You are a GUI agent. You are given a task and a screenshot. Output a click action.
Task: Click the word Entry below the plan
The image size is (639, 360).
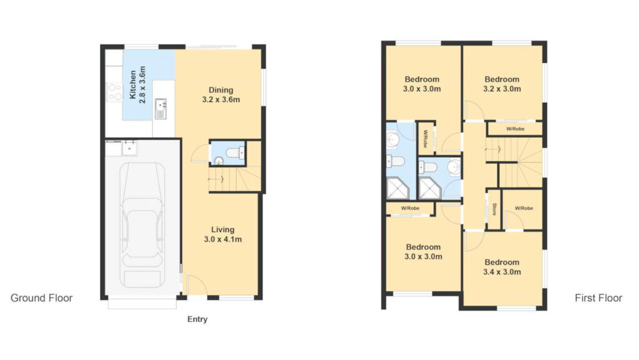[x=197, y=319]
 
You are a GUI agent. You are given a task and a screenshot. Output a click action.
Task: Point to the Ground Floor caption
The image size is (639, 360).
[x=42, y=298]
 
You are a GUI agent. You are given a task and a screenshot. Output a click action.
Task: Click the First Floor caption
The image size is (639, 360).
[x=598, y=298]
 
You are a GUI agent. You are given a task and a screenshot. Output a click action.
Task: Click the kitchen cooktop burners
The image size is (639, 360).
[x=115, y=92]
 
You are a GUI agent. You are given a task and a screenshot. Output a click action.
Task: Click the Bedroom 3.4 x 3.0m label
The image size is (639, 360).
[x=502, y=267]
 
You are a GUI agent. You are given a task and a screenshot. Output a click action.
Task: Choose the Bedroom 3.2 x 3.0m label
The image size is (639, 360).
[x=502, y=84]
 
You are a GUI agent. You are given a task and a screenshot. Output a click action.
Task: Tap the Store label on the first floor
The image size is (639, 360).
[x=494, y=208]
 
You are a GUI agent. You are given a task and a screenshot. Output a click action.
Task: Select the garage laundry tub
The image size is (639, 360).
[x=130, y=148]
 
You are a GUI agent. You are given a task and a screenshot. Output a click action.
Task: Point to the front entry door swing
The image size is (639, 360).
[x=195, y=287]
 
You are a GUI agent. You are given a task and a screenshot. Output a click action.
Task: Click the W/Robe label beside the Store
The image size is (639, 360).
[x=522, y=208]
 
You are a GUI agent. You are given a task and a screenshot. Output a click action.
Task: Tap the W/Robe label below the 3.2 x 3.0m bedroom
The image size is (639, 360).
[x=514, y=129]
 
